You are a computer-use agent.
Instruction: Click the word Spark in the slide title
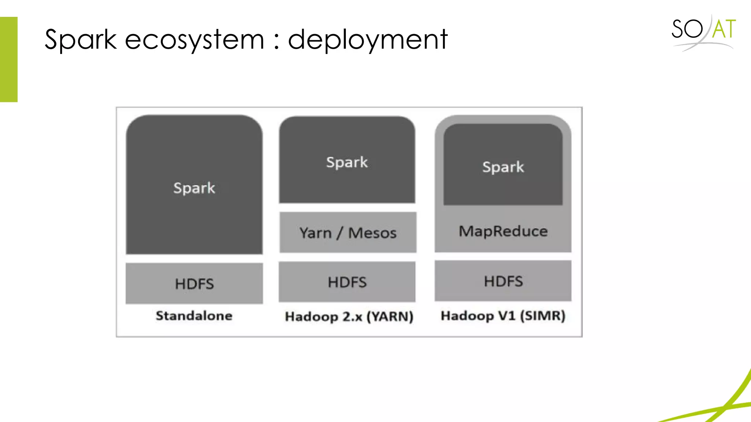click(x=80, y=40)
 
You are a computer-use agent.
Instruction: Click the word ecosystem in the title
click(x=194, y=40)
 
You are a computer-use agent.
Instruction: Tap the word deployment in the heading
click(x=367, y=40)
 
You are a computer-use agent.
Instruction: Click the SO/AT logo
click(x=703, y=31)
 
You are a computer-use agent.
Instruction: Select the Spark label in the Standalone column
click(x=194, y=188)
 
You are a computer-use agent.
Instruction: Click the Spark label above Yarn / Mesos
click(x=347, y=162)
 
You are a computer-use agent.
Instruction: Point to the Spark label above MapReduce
click(x=503, y=167)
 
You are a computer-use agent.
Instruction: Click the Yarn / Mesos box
click(x=348, y=233)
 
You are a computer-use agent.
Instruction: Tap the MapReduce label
click(x=503, y=231)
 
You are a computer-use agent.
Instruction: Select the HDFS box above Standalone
click(x=194, y=284)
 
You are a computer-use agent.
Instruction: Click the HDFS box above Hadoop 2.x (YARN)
click(x=347, y=282)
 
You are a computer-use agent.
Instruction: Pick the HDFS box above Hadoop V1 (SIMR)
click(x=503, y=281)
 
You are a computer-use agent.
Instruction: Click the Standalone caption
click(x=194, y=316)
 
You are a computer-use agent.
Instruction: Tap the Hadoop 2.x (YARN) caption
click(x=349, y=316)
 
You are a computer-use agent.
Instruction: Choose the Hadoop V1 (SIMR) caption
click(x=503, y=316)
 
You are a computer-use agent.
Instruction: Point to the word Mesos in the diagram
click(x=372, y=233)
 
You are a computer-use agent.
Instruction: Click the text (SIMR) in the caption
click(x=542, y=316)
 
